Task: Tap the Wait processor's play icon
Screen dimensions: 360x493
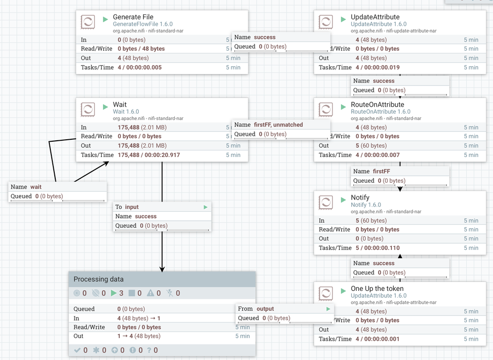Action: point(105,107)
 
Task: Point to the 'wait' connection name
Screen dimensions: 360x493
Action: point(36,187)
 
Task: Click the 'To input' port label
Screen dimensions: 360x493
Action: point(127,207)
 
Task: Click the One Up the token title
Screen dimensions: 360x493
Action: point(377,288)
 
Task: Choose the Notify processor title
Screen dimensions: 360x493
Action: point(360,198)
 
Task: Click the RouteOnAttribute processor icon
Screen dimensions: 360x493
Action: point(326,109)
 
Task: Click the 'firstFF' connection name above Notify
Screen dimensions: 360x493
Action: point(381,171)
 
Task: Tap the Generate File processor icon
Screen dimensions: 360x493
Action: point(88,22)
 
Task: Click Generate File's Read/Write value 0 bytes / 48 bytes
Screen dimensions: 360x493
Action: point(141,49)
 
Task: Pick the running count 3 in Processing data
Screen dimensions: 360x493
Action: point(121,293)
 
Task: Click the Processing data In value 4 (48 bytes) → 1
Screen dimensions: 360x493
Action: point(139,319)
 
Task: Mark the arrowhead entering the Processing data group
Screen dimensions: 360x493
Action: point(162,269)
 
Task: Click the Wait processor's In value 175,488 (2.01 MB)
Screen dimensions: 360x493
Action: point(142,127)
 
